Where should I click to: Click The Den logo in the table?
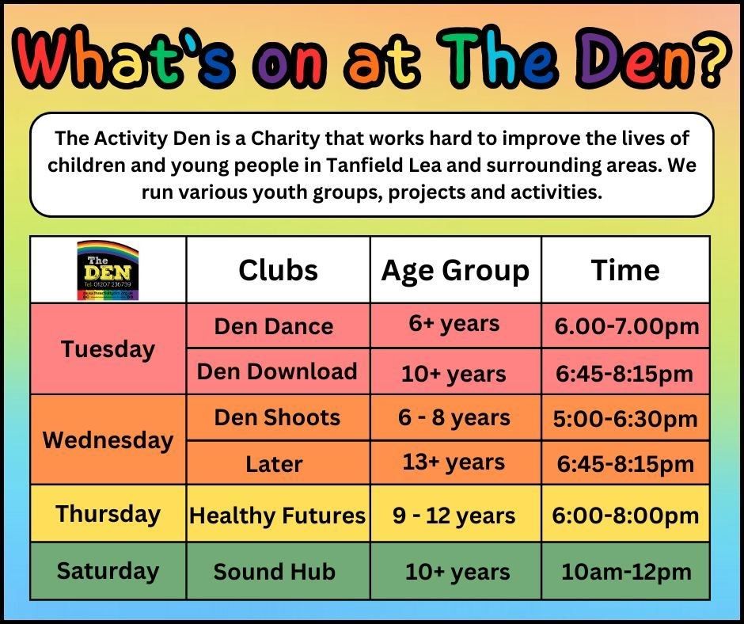(x=108, y=270)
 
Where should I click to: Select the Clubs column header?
(x=278, y=270)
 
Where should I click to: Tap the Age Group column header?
(x=455, y=270)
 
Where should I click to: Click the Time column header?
(x=625, y=270)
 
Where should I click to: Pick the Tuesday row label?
(x=108, y=348)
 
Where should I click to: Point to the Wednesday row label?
(x=108, y=439)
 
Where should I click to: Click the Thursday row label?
(x=108, y=513)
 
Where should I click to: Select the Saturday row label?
(x=108, y=570)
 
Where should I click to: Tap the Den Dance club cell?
(x=274, y=326)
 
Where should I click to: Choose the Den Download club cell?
(x=277, y=371)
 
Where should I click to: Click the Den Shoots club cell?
(x=277, y=417)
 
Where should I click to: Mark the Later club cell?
(x=274, y=463)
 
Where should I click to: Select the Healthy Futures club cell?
(x=278, y=516)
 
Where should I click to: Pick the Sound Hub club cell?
(x=274, y=571)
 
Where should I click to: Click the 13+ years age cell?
(x=454, y=462)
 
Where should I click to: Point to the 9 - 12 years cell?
(x=454, y=516)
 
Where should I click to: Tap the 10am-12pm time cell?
(x=626, y=571)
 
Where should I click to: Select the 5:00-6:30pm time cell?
(x=626, y=418)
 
